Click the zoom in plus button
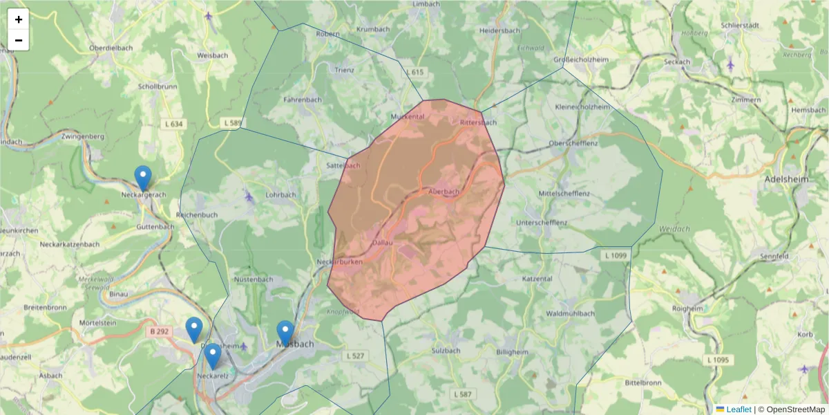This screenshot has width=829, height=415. [19, 19]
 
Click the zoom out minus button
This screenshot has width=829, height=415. [19, 40]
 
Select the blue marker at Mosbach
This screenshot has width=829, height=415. [285, 333]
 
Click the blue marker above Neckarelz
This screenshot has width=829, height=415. [213, 356]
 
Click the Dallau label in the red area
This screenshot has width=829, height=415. [382, 242]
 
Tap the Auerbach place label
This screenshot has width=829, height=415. [444, 192]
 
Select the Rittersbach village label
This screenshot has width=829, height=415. [478, 122]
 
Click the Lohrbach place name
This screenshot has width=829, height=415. [280, 194]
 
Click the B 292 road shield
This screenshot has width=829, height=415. [160, 331]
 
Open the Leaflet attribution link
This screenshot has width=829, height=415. [738, 409]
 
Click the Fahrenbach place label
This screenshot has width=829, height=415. [303, 100]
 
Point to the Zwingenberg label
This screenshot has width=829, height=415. [82, 136]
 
